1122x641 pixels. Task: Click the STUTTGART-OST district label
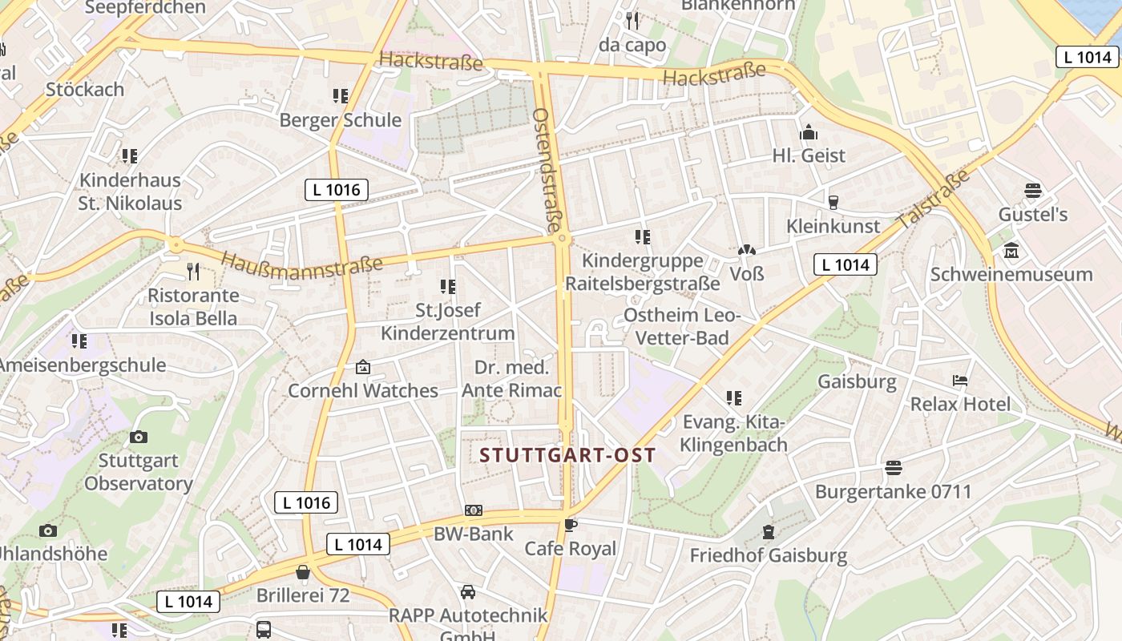tap(567, 456)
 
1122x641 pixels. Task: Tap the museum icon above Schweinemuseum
tap(1011, 252)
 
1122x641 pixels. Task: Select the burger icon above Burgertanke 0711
tap(894, 468)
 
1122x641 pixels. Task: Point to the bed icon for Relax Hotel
tap(960, 380)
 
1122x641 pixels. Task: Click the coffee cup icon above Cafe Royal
tap(570, 526)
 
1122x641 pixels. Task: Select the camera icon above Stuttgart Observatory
tap(139, 437)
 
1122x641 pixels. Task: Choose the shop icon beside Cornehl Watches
tap(363, 368)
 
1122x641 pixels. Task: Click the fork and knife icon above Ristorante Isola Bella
tap(192, 272)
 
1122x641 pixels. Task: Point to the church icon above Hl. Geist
tap(809, 132)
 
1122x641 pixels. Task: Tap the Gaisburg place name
tap(857, 381)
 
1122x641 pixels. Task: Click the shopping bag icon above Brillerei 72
tap(303, 572)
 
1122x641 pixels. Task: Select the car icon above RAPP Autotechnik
tap(468, 592)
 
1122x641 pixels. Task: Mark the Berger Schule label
tap(340, 120)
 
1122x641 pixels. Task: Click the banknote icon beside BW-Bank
tap(474, 510)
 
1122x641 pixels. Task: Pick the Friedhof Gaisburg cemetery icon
tap(769, 532)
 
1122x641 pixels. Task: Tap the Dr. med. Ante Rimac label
tap(511, 379)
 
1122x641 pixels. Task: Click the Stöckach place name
tap(85, 89)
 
